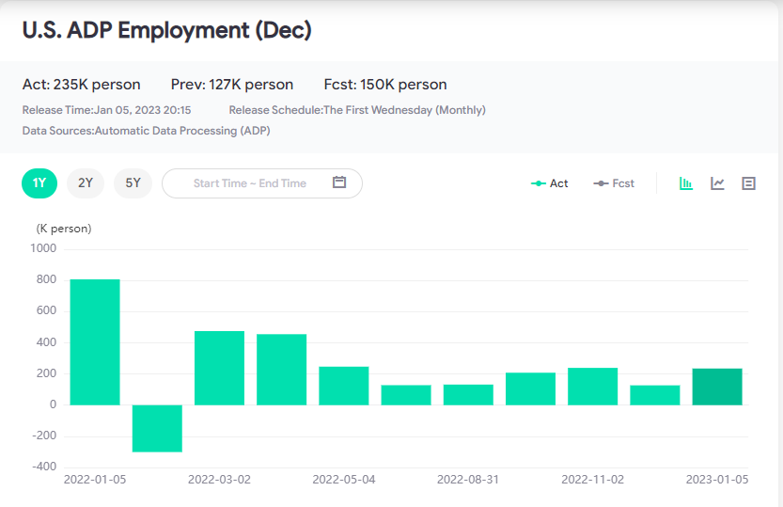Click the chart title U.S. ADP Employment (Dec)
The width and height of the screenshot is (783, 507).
[166, 30]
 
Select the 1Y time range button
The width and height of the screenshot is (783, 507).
[39, 182]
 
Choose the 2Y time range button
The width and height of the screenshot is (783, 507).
[86, 182]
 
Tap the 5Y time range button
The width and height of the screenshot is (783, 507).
[133, 182]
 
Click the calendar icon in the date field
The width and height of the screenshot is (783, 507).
[340, 182]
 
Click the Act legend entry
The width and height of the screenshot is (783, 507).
[550, 183]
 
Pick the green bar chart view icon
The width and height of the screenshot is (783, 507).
[686, 183]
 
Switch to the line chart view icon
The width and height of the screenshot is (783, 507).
[717, 183]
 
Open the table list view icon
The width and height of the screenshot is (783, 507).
[748, 183]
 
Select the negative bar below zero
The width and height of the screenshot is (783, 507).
[157, 428]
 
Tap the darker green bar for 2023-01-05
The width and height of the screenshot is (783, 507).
[717, 387]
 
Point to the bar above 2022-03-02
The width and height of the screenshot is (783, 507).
[219, 368]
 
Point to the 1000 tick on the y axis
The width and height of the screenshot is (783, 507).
[44, 248]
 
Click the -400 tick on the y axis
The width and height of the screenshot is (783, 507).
[43, 467]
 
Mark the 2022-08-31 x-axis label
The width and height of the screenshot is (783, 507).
[468, 479]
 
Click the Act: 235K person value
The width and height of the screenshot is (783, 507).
[82, 85]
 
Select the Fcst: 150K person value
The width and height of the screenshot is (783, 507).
[385, 85]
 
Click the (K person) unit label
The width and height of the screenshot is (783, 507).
[64, 229]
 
